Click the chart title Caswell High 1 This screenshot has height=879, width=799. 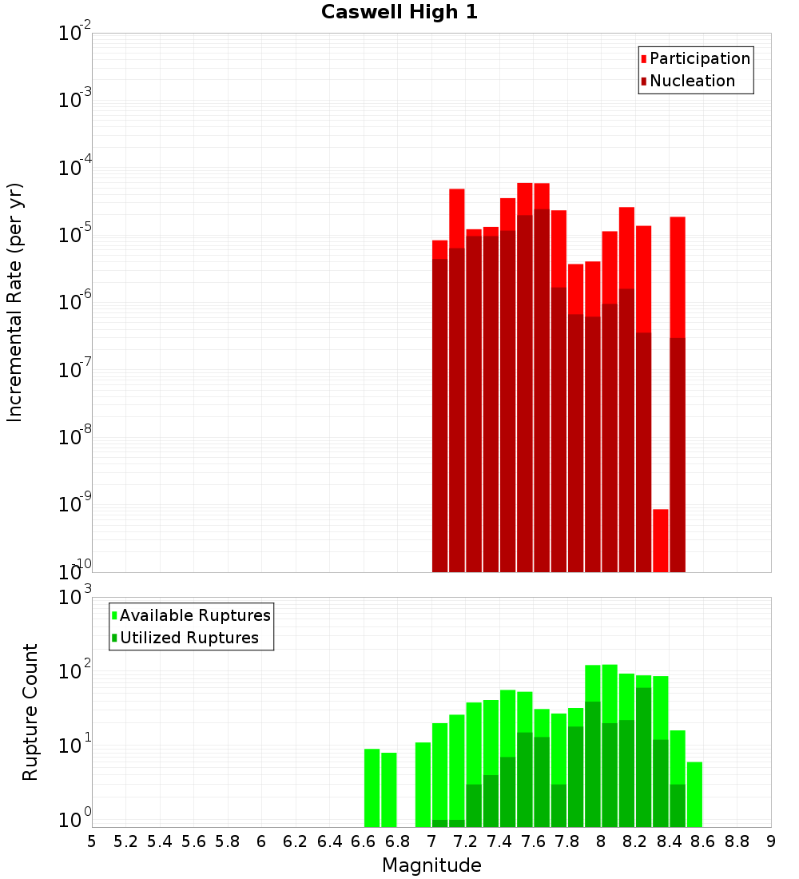(x=399, y=13)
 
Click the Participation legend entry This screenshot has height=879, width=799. (x=699, y=58)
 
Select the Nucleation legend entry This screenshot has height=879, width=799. (x=691, y=81)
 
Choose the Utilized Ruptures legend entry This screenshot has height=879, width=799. (x=189, y=638)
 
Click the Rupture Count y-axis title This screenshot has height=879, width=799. (x=30, y=711)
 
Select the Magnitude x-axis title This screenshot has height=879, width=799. (x=431, y=865)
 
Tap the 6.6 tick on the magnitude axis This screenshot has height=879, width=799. (x=364, y=841)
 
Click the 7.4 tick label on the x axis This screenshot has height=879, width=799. (x=499, y=841)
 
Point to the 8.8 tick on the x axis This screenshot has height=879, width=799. (x=737, y=841)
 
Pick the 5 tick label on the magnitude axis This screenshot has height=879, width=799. (x=92, y=841)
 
